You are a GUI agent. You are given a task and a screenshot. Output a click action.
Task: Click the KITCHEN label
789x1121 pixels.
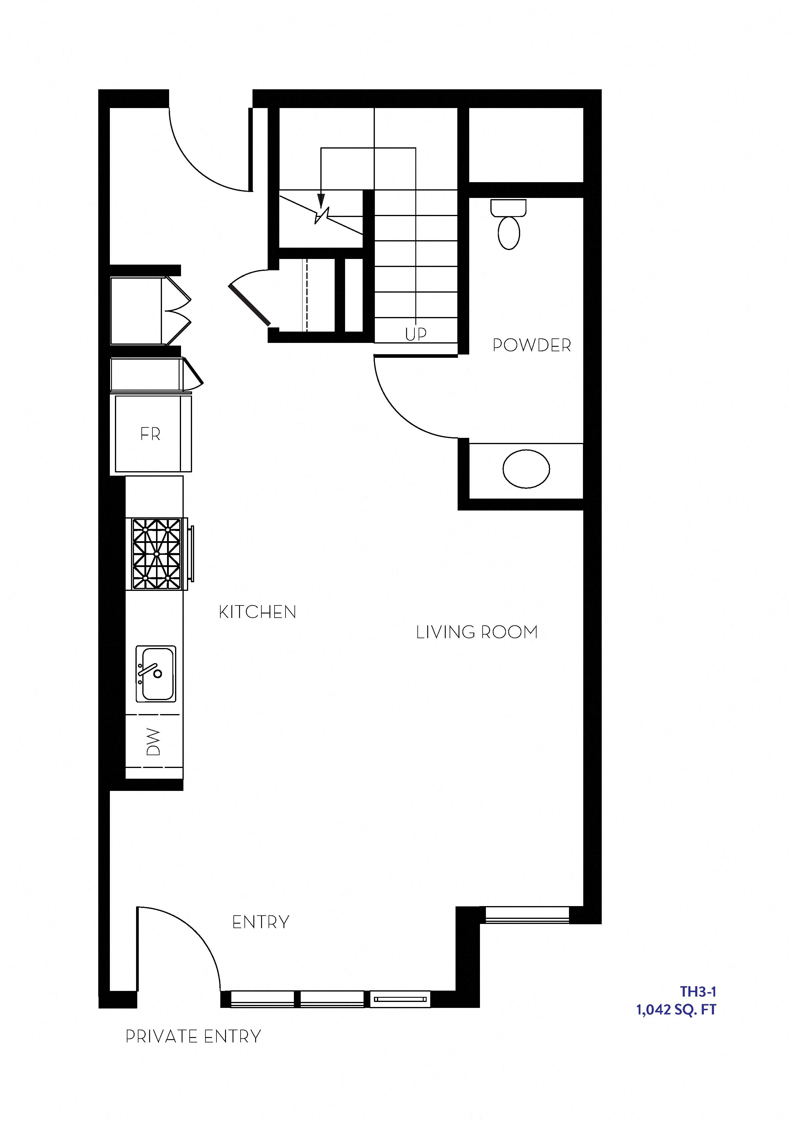click(257, 612)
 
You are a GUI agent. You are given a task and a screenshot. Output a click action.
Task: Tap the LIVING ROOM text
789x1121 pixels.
click(476, 632)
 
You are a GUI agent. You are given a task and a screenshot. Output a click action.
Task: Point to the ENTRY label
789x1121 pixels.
click(261, 922)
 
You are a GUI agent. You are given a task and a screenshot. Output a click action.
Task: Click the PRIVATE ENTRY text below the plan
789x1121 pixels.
click(193, 1036)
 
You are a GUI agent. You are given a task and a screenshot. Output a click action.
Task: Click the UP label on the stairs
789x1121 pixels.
click(416, 334)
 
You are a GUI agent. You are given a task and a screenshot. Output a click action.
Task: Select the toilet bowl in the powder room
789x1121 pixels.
click(509, 233)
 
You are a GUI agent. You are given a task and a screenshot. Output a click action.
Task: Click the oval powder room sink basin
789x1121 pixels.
click(526, 469)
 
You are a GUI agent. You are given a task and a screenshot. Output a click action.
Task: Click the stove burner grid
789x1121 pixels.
click(157, 554)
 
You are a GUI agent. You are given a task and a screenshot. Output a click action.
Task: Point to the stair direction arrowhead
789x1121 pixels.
click(321, 200)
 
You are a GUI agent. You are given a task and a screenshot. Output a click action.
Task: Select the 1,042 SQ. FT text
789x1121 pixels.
click(676, 1010)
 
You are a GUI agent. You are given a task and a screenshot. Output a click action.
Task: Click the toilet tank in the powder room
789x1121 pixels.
click(509, 207)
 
